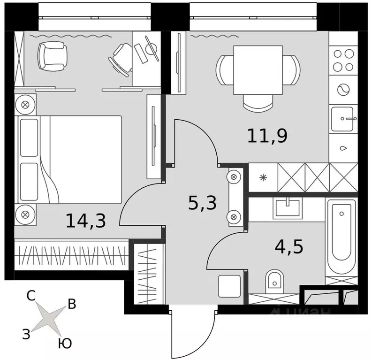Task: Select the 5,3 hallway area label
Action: (202, 204)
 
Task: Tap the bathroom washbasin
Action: (287, 207)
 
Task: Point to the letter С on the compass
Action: (31, 296)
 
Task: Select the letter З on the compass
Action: (27, 333)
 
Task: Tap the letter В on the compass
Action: (72, 304)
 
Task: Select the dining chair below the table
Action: (258, 102)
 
